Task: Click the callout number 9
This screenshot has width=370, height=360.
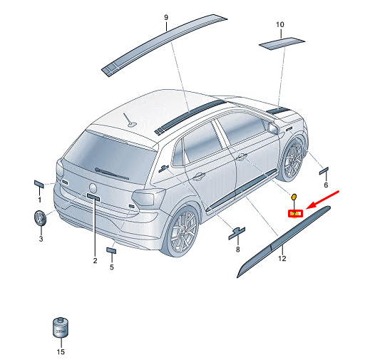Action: [166, 17]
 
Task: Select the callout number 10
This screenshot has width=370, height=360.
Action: [280, 24]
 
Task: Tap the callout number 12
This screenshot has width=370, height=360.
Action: [282, 258]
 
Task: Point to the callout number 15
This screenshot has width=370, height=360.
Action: [61, 351]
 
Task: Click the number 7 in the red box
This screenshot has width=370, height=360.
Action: [294, 214]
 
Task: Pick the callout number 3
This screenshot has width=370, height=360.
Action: [41, 239]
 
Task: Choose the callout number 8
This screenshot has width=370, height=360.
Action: [238, 250]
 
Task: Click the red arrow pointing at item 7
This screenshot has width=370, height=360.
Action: [323, 200]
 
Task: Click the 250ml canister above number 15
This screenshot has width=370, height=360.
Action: [61, 327]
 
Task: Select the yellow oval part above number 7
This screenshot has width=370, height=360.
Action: [294, 197]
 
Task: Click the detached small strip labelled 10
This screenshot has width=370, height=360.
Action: [282, 43]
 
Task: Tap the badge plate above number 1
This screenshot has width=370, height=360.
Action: [39, 184]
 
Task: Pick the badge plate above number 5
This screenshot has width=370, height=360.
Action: [111, 250]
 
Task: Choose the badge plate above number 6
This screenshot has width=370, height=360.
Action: [324, 171]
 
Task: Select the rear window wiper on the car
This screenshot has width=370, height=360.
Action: [111, 174]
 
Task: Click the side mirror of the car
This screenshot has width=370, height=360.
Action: [274, 128]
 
